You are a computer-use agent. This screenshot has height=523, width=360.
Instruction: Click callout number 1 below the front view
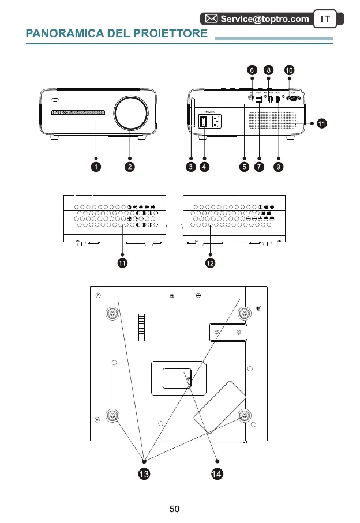[x=96, y=167]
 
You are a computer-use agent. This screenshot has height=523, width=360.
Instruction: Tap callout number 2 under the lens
[x=130, y=167]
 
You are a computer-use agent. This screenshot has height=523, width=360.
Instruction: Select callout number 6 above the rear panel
[x=252, y=70]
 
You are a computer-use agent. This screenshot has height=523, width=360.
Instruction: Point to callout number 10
[x=289, y=70]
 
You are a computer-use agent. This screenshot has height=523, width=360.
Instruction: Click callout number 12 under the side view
[x=210, y=264]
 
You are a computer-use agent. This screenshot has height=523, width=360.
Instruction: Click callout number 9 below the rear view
[x=279, y=167]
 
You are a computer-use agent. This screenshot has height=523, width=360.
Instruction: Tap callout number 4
[x=205, y=167]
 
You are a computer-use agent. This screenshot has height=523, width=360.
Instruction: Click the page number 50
[x=175, y=509]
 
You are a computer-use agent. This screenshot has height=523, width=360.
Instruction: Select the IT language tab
[x=325, y=19]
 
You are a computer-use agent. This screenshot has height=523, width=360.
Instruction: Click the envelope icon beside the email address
[x=212, y=19]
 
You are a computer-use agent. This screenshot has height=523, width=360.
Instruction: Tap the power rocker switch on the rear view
[x=204, y=122]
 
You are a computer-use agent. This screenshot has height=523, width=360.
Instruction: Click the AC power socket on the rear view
[x=217, y=122]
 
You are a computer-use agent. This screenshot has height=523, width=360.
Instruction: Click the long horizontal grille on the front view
[x=78, y=112]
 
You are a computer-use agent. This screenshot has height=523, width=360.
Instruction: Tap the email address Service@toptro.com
[x=265, y=19]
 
